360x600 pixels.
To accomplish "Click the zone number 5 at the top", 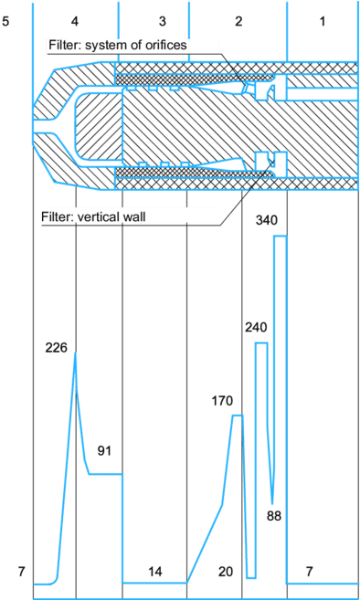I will coord(5,20).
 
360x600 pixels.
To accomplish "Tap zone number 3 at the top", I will coord(162,20).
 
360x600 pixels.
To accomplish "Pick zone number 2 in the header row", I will coord(238,20).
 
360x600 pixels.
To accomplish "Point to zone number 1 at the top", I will coord(323,20).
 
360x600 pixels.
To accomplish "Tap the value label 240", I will coord(256,326).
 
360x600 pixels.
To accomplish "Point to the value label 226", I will coord(56,346).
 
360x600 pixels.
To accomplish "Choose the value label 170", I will coord(222,400).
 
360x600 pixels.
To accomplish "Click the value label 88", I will coord(273,516).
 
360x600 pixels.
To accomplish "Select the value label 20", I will coord(226,572).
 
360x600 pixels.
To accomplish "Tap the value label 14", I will coord(155,572).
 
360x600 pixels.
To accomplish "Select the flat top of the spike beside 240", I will coord(261,343).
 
